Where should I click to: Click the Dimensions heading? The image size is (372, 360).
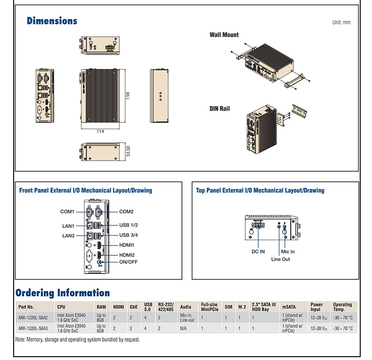click(x=52, y=21)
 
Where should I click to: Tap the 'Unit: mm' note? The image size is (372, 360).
click(x=341, y=22)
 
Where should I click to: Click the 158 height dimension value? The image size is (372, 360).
click(x=128, y=95)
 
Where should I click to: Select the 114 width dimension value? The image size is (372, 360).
click(x=100, y=131)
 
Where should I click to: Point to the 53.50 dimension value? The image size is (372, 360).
click(x=128, y=151)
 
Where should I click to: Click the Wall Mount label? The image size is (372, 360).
click(x=224, y=35)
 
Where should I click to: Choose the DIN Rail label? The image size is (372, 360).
click(x=220, y=109)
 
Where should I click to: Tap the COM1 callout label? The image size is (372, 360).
click(x=67, y=212)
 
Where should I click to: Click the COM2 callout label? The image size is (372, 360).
click(x=126, y=212)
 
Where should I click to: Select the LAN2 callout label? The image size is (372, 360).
click(x=68, y=236)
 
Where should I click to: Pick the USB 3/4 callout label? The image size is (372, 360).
click(x=128, y=235)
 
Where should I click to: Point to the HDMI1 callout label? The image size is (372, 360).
click(x=127, y=245)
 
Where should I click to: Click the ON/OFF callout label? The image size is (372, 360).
click(x=128, y=262)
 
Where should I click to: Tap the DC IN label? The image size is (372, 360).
click(x=258, y=252)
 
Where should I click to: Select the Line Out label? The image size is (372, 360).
click(x=281, y=259)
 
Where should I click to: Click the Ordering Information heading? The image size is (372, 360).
click(x=63, y=293)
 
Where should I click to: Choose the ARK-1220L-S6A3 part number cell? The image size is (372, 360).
click(x=33, y=328)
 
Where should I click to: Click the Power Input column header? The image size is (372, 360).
click(x=316, y=307)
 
